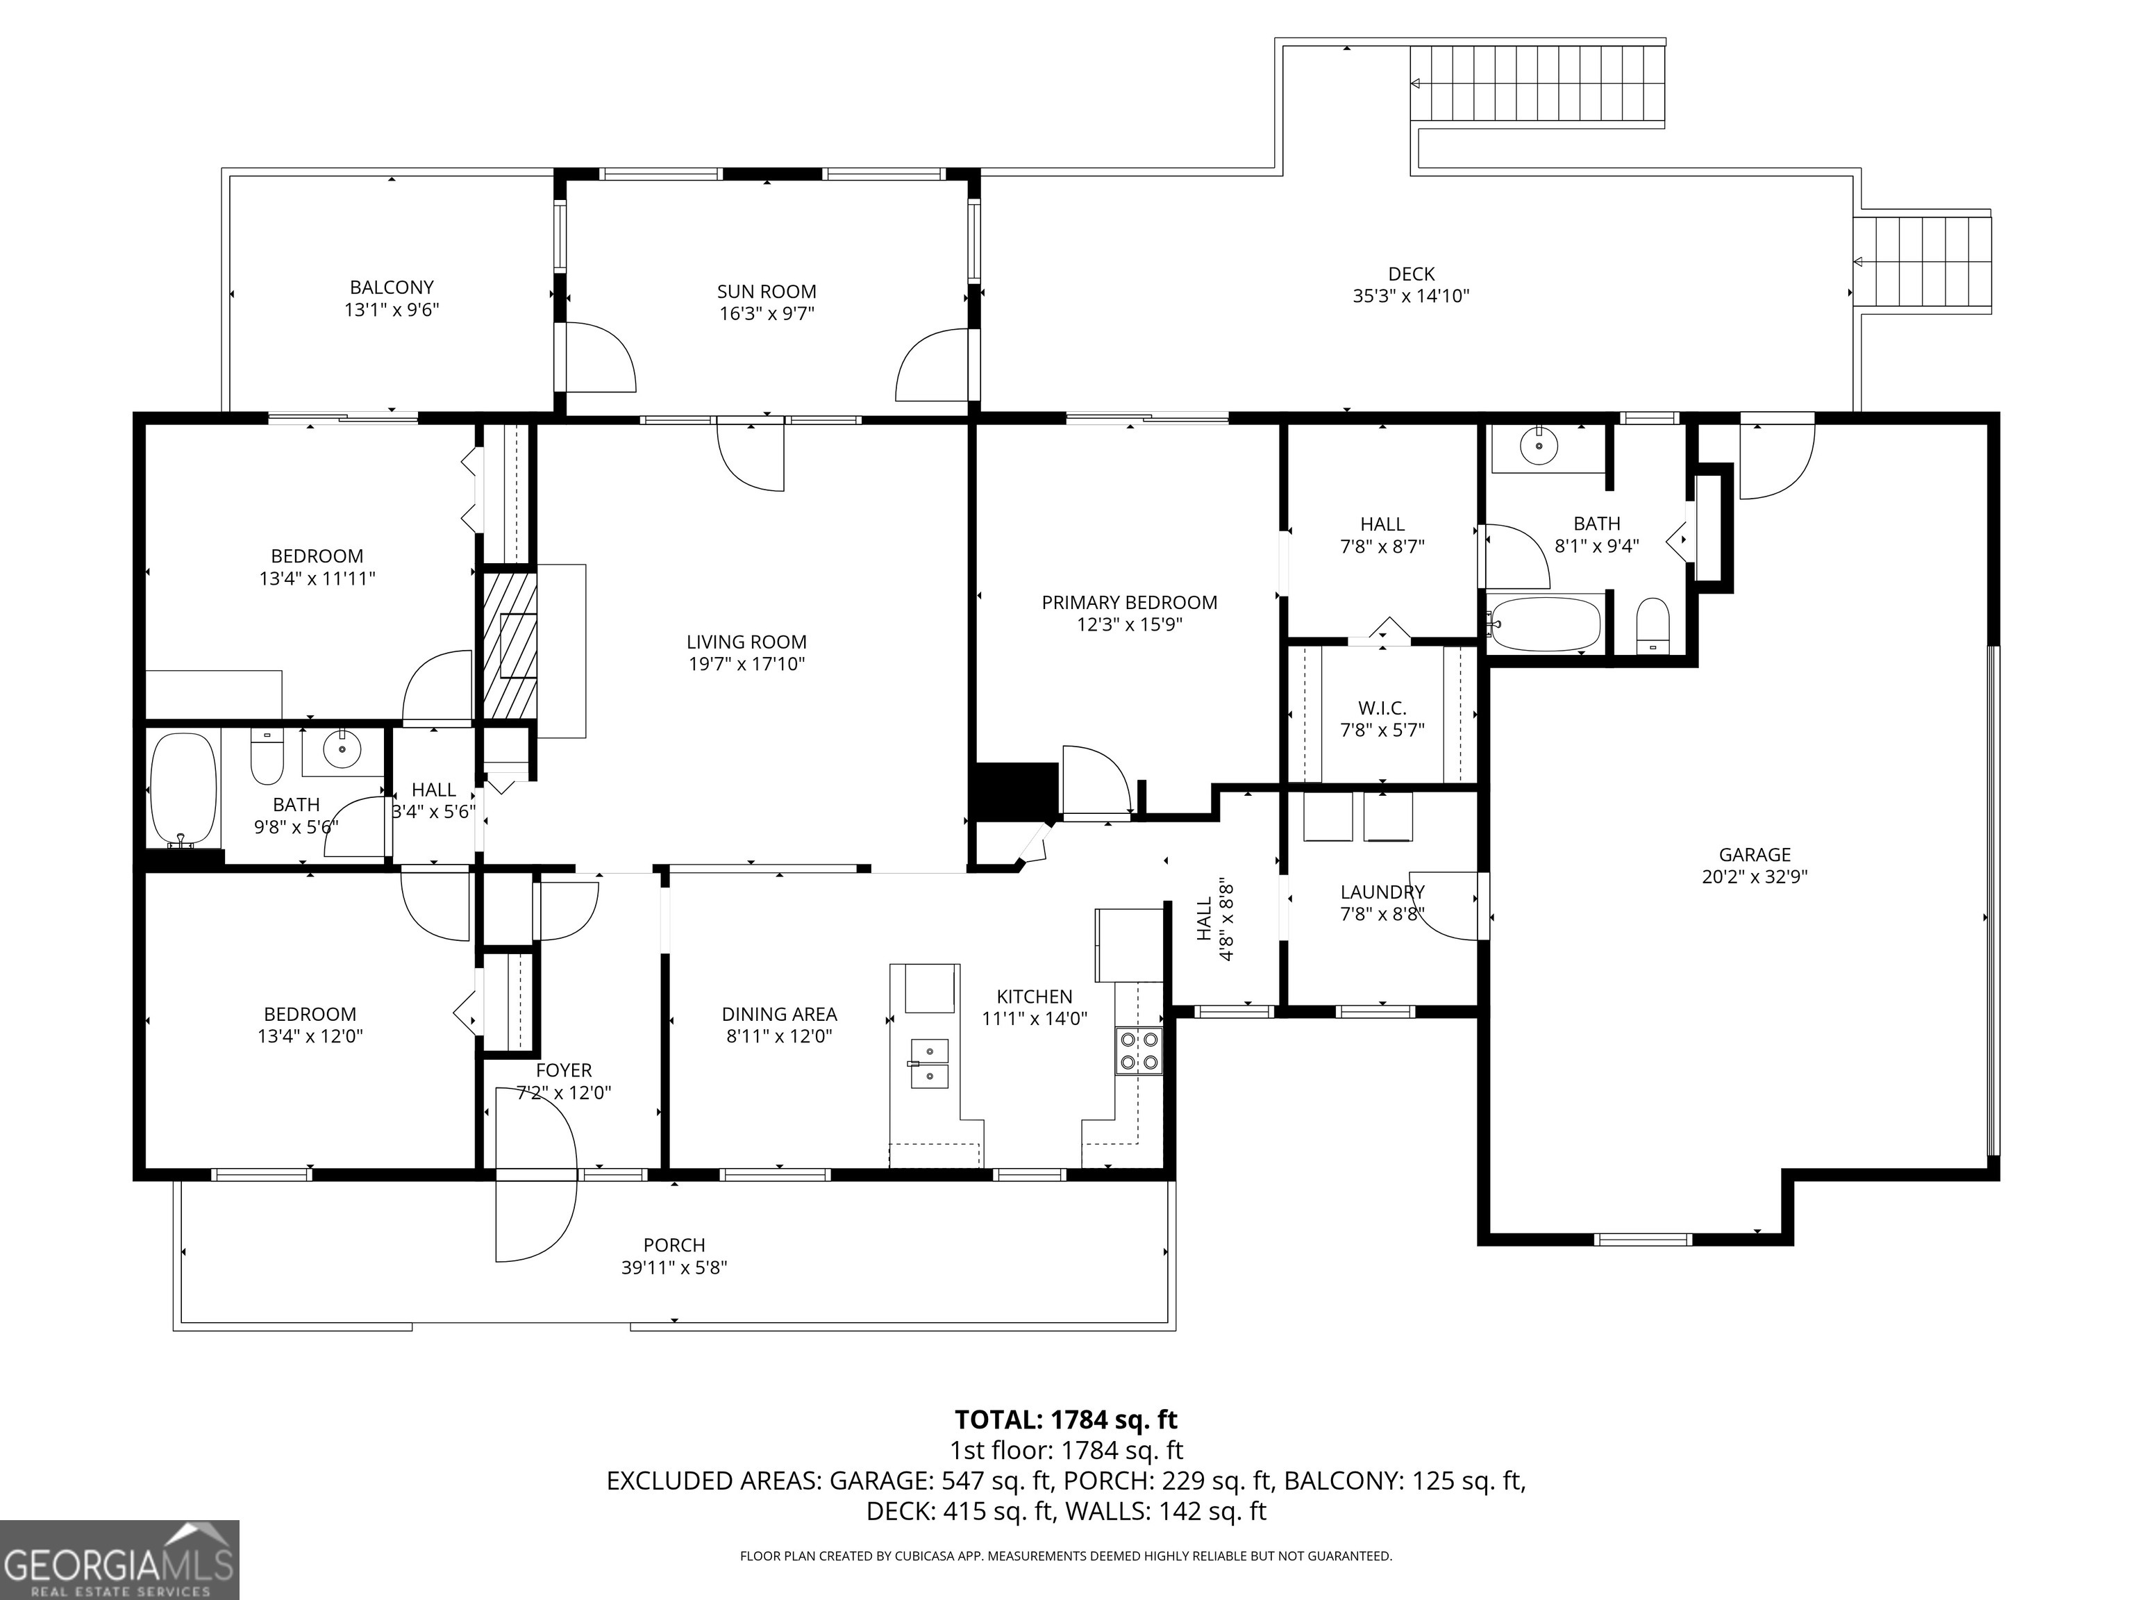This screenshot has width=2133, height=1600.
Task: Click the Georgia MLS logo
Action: pos(119,1560)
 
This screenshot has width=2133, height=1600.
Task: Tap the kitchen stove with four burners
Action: pos(1139,1051)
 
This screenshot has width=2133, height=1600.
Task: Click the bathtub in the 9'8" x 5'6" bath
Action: pos(183,790)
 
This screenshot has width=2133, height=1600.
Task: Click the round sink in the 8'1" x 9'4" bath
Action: pos(1538,444)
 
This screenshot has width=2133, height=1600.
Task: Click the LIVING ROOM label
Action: pos(746,642)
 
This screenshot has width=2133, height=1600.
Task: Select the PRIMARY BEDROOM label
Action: pos(1129,603)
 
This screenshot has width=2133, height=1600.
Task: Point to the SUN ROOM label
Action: pos(767,291)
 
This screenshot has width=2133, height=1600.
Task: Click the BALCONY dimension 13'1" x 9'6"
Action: pos(392,310)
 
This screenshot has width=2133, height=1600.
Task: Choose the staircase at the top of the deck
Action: pos(1538,84)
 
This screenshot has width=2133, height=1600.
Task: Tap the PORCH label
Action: pos(674,1245)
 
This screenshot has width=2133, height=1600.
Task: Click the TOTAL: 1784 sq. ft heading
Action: pos(1066,1419)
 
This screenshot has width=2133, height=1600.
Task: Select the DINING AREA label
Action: pos(779,1014)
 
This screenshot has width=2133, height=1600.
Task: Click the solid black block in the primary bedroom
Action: pos(1017,791)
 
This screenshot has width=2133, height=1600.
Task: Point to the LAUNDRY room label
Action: pos(1382,892)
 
